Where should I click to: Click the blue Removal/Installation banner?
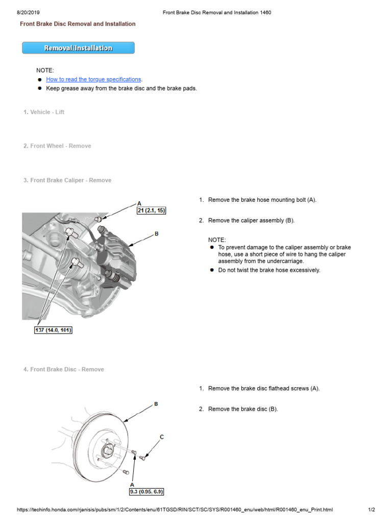(x=78, y=48)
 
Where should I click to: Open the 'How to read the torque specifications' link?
(x=93, y=80)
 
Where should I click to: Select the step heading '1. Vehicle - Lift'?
(x=44, y=112)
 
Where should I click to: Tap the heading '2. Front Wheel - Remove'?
(x=57, y=146)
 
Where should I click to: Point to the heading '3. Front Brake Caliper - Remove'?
(x=67, y=180)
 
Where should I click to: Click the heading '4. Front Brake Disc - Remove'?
(x=64, y=369)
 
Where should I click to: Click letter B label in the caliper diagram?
(x=157, y=234)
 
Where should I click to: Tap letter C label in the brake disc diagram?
(x=162, y=437)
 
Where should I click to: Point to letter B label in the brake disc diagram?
(x=156, y=404)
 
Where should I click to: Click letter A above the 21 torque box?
(x=139, y=203)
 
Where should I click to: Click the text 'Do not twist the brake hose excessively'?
(x=269, y=270)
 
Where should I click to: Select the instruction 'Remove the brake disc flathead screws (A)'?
(x=264, y=389)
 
